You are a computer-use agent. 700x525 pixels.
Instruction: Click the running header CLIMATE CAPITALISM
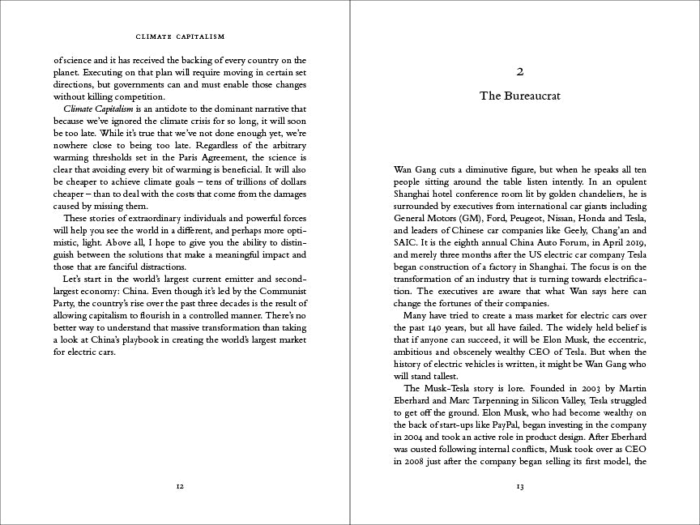point(180,36)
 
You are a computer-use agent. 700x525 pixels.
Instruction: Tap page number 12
point(180,486)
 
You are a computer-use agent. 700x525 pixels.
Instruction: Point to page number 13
point(520,486)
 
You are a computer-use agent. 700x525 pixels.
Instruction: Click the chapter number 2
point(520,71)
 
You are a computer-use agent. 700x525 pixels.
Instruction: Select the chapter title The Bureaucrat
point(520,96)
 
